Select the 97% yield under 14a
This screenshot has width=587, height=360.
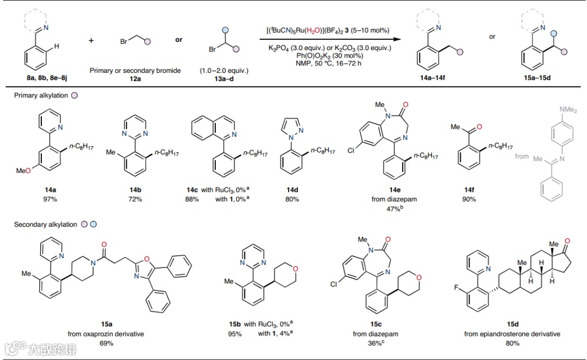tap(49, 199)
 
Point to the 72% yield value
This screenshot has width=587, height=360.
tap(135, 199)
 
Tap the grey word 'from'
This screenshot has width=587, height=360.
tap(522, 156)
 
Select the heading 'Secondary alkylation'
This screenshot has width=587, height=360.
tap(46, 224)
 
